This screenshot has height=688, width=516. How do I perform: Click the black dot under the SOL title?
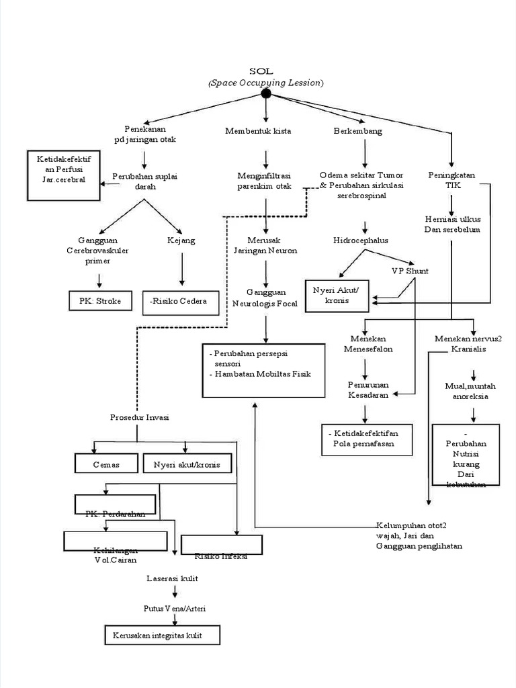266,94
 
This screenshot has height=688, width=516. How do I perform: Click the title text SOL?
265,71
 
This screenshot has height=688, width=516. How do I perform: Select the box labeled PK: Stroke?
100,301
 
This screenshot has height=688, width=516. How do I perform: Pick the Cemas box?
106,464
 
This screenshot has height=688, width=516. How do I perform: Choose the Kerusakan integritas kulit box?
162,635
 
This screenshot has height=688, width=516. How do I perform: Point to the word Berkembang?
358,131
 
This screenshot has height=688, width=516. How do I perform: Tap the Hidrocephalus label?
361,240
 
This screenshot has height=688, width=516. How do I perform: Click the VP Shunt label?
411,271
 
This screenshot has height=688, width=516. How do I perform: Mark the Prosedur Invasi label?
139,417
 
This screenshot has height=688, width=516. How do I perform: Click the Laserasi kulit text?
172,578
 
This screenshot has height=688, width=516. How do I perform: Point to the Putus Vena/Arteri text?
175,608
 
